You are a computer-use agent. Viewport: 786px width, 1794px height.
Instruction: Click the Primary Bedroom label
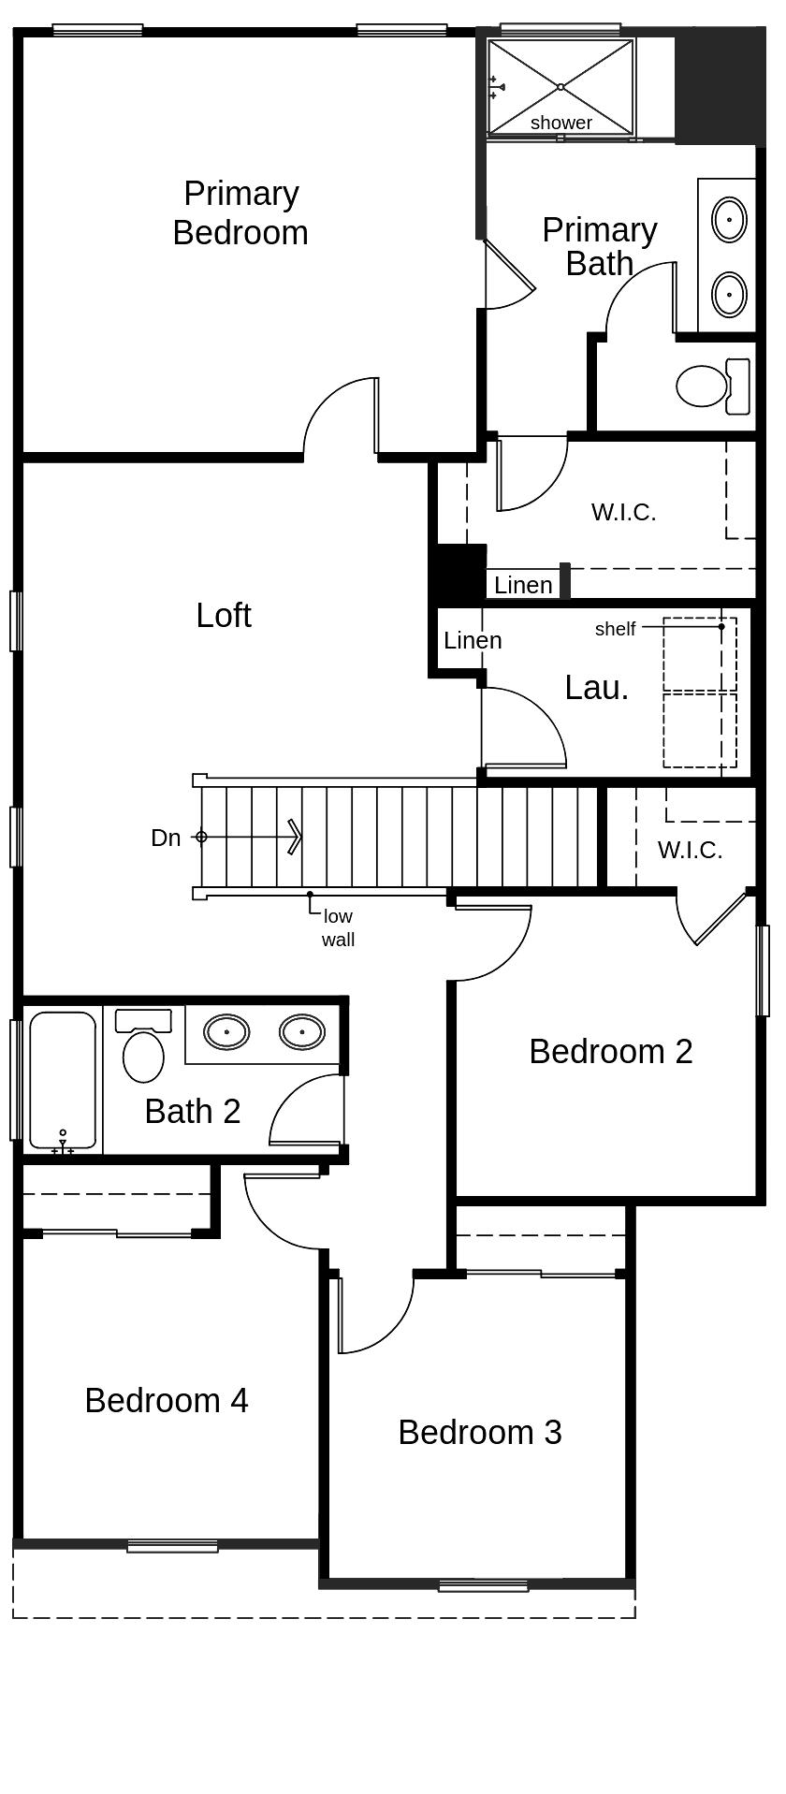click(240, 213)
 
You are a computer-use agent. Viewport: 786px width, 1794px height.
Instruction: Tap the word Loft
click(224, 616)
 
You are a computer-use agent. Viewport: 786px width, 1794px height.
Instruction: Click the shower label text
click(561, 123)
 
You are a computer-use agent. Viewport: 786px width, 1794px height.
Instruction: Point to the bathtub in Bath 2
click(63, 1081)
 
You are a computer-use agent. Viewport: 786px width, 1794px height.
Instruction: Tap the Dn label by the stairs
click(166, 838)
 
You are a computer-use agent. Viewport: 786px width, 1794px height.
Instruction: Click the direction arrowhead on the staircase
click(295, 837)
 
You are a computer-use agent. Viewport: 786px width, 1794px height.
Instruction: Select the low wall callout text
click(338, 928)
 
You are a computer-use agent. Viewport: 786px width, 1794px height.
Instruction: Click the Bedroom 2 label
click(611, 1052)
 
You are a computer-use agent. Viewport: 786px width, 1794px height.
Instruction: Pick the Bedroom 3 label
click(480, 1433)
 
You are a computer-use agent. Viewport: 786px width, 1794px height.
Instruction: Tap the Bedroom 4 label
click(167, 1401)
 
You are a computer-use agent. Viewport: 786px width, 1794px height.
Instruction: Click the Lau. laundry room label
click(597, 688)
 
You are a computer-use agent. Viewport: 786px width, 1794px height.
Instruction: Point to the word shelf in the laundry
click(615, 629)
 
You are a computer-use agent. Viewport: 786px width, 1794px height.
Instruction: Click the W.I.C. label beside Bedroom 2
click(691, 850)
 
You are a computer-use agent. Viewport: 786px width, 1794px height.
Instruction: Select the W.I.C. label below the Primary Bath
click(624, 512)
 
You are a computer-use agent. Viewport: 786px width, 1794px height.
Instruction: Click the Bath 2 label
click(193, 1112)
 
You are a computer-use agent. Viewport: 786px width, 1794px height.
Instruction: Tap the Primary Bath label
click(600, 246)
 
